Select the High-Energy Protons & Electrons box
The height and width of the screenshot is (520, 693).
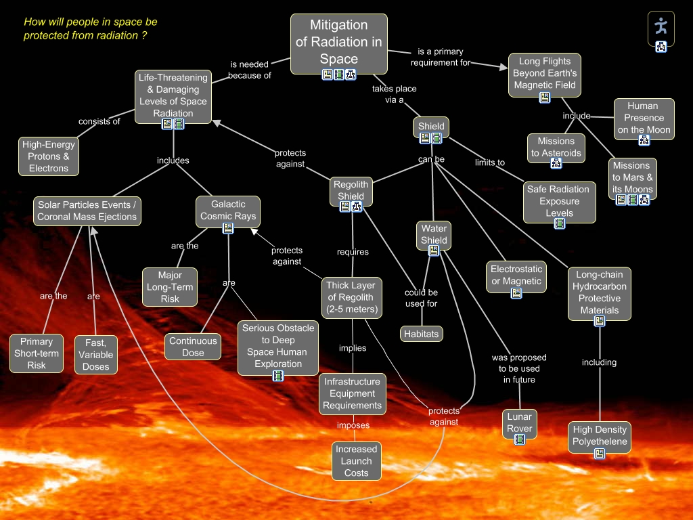pyautogui.click(x=49, y=156)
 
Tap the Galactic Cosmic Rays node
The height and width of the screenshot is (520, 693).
pyautogui.click(x=228, y=210)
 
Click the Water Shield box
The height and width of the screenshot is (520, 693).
pyautogui.click(x=434, y=234)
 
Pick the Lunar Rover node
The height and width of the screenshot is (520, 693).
pyautogui.click(x=520, y=422)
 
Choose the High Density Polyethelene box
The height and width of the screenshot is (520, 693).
pyautogui.click(x=600, y=435)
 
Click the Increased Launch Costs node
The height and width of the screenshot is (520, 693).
pyautogui.click(x=356, y=460)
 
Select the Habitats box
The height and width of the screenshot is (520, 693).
pyautogui.click(x=421, y=334)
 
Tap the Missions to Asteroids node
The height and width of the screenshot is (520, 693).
pyautogui.click(x=556, y=147)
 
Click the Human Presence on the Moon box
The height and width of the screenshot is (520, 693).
pyautogui.click(x=644, y=118)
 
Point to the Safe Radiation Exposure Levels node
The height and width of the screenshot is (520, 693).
pyautogui.click(x=559, y=201)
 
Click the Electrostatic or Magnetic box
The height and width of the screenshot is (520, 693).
pyautogui.click(x=516, y=275)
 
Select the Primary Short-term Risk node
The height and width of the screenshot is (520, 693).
pyautogui.click(x=37, y=353)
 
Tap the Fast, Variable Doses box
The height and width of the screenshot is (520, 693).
pyautogui.click(x=95, y=355)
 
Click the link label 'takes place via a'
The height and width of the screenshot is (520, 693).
pyautogui.click(x=394, y=94)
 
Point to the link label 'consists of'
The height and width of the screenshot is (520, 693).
pyautogui.click(x=99, y=122)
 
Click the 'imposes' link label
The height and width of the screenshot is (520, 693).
pyautogui.click(x=353, y=425)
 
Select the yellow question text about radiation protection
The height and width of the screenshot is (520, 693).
pyautogui.click(x=91, y=28)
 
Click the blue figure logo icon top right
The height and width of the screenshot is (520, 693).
pyautogui.click(x=661, y=26)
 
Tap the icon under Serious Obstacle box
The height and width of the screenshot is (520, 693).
pyautogui.click(x=278, y=376)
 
